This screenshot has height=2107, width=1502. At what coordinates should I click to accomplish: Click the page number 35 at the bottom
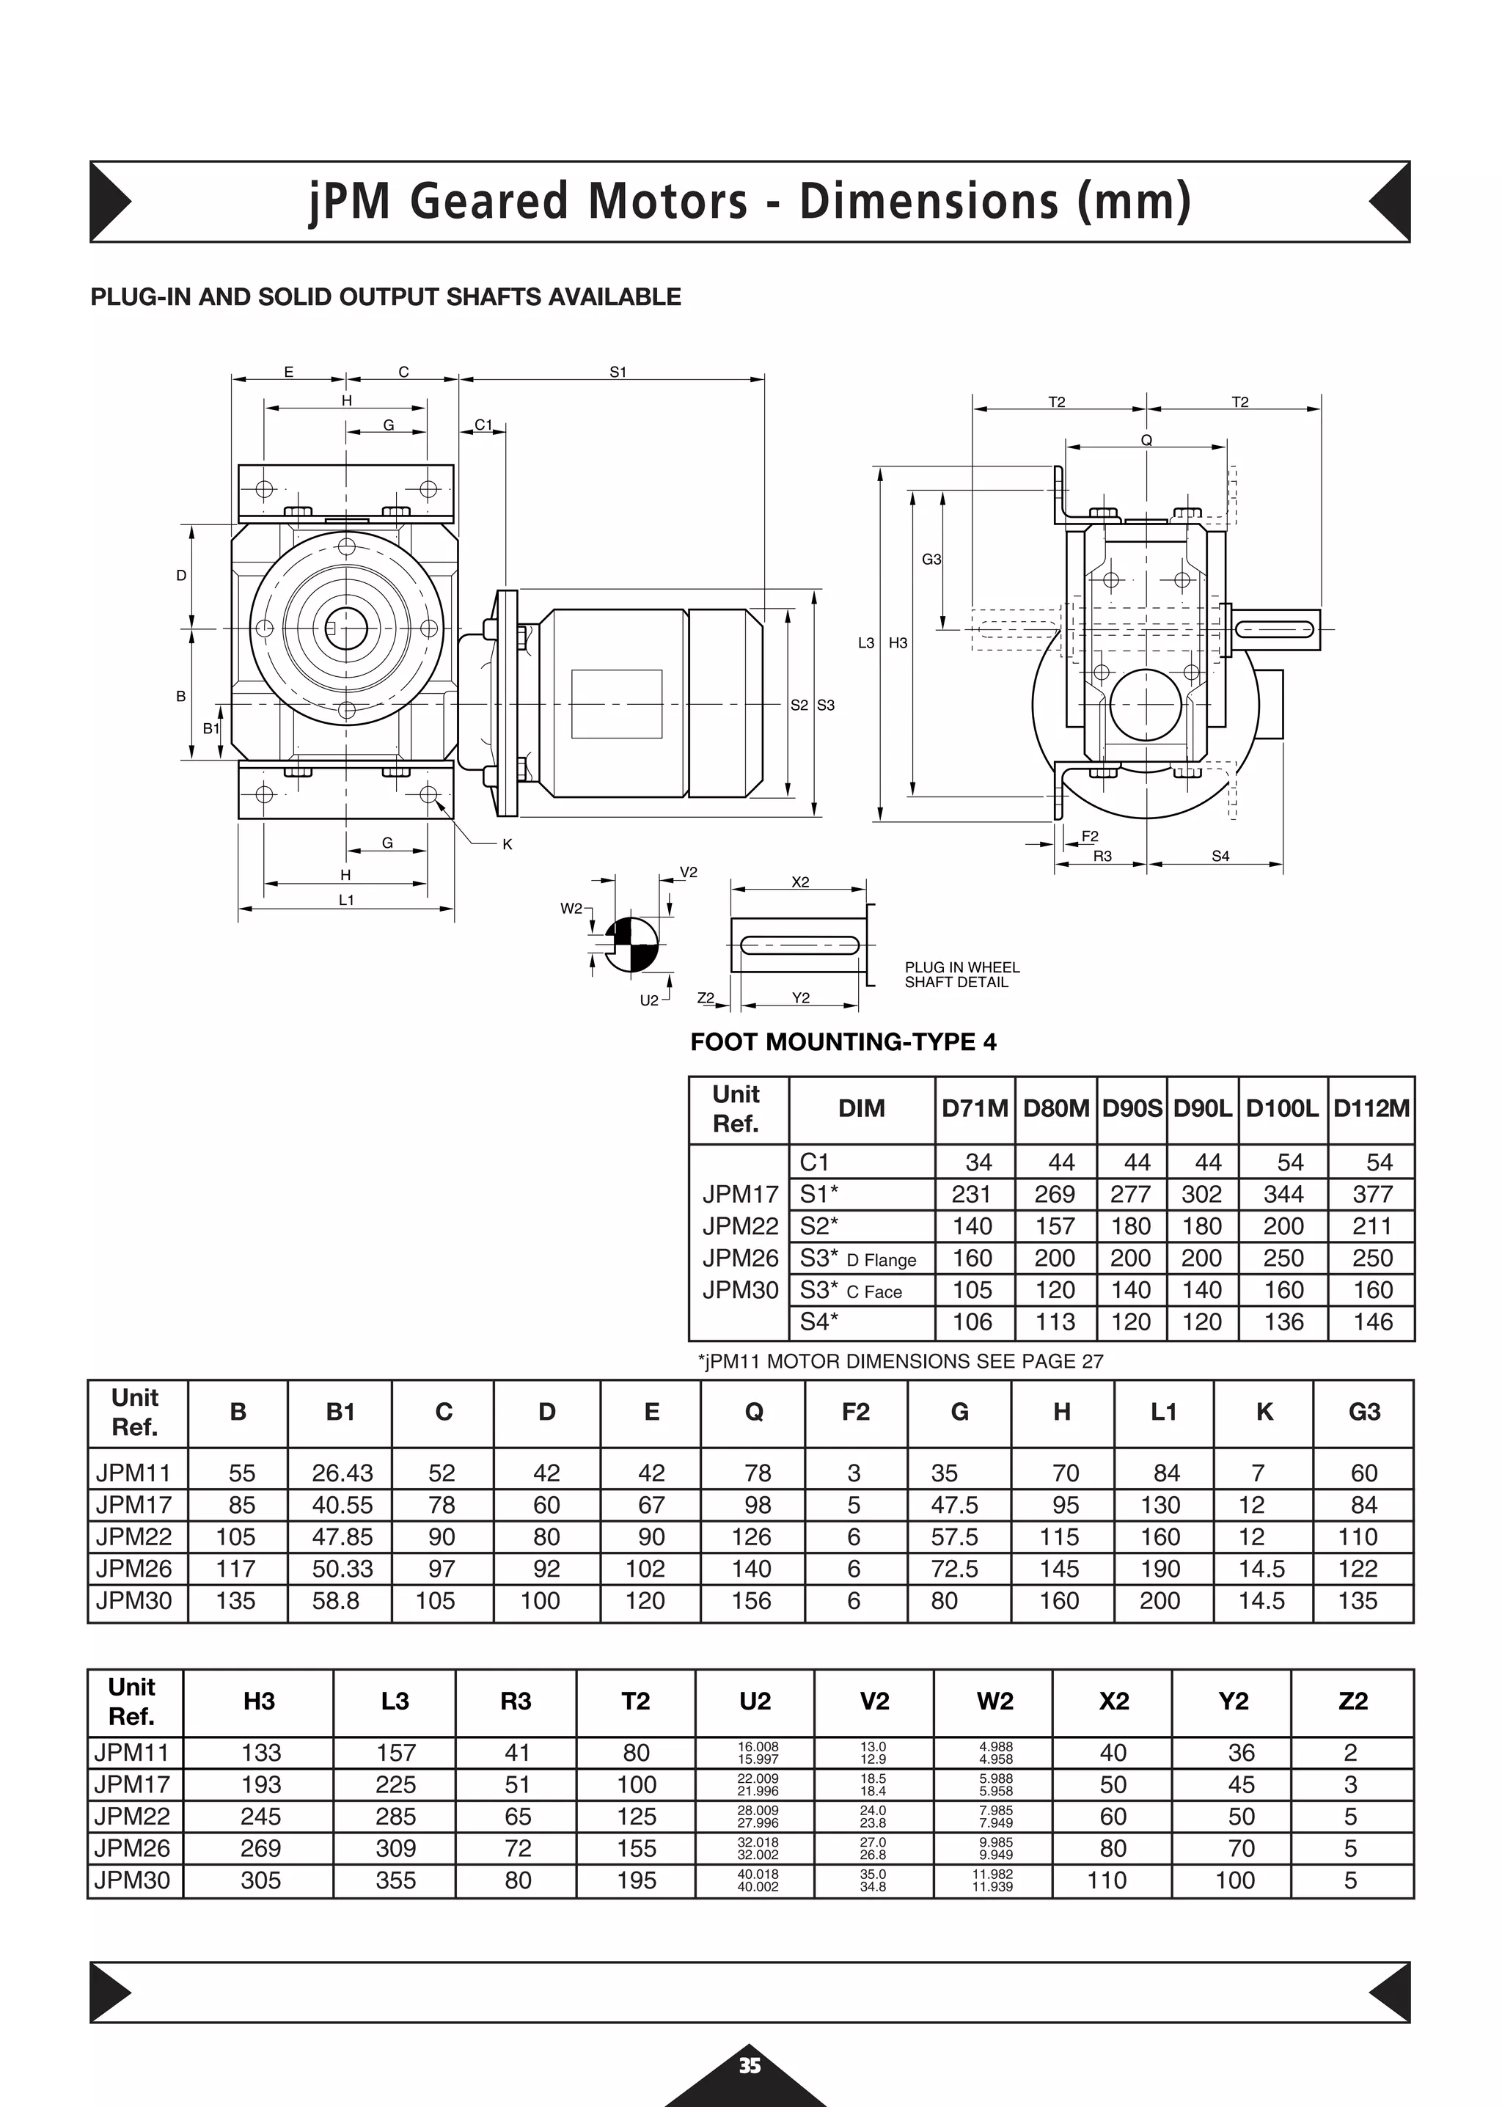pyautogui.click(x=749, y=2065)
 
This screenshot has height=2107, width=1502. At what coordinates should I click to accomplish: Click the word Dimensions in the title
pyautogui.click(x=928, y=201)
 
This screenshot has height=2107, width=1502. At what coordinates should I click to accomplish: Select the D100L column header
pyautogui.click(x=1282, y=1108)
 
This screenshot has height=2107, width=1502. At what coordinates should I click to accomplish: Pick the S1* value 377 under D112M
pyautogui.click(x=1372, y=1194)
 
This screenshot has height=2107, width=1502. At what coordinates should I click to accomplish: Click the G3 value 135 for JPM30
pyautogui.click(x=1357, y=1600)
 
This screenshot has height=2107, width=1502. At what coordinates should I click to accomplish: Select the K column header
pyautogui.click(x=1264, y=1412)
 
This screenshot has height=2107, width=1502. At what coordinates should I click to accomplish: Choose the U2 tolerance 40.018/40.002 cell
pyautogui.click(x=758, y=1880)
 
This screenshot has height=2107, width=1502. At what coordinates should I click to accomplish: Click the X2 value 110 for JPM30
pyautogui.click(x=1107, y=1880)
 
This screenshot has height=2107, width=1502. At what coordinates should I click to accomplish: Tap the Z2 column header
pyautogui.click(x=1352, y=1701)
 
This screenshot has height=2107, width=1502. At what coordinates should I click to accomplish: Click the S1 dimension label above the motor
pyautogui.click(x=618, y=372)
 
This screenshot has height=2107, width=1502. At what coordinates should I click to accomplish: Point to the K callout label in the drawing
pyautogui.click(x=507, y=844)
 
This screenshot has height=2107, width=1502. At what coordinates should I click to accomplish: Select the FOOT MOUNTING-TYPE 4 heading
pyautogui.click(x=843, y=1042)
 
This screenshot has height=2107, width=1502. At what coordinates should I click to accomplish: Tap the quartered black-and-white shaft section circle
pyautogui.click(x=633, y=945)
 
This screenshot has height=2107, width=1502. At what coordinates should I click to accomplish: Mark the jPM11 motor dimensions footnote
pyautogui.click(x=900, y=1360)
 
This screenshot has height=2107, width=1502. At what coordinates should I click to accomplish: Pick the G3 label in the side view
pyautogui.click(x=931, y=560)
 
